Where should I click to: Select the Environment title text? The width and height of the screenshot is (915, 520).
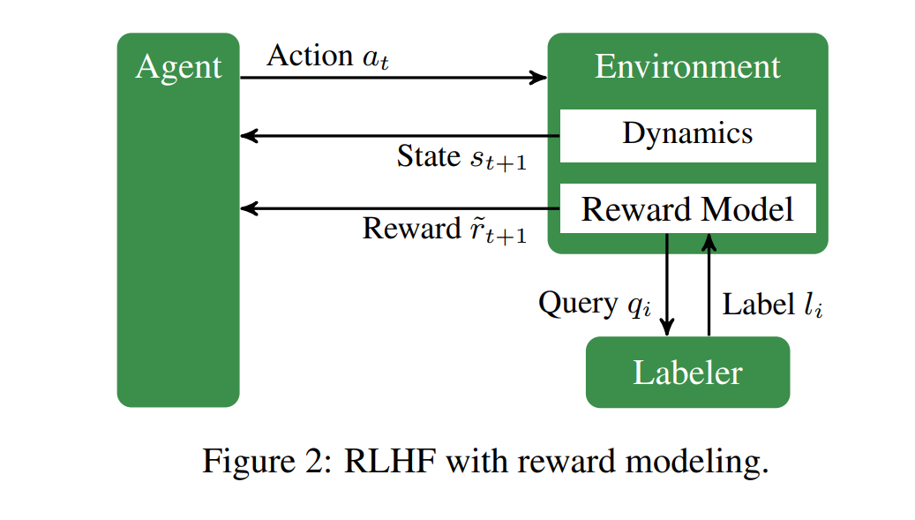pos(687,66)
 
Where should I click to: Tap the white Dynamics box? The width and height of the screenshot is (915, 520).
pos(688,135)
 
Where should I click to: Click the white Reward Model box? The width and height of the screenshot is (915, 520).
pos(688,208)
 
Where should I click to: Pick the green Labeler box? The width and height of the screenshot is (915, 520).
pos(688,372)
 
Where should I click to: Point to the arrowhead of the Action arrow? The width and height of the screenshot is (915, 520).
pos(538,77)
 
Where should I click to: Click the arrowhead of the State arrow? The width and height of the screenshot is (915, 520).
pos(249,136)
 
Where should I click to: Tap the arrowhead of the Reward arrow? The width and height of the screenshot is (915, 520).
pos(249,208)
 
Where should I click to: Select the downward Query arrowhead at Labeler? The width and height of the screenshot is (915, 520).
pos(667,327)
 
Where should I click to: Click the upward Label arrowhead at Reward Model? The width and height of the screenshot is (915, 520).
pos(709,243)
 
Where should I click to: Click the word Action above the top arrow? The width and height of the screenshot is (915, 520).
pos(310,56)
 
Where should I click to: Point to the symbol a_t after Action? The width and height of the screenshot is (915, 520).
pos(376,59)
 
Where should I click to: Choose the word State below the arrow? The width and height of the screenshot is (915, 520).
pos(429,156)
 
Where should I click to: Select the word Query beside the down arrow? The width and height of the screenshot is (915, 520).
pos(578,304)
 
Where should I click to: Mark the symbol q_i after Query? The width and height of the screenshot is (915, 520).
pos(640,305)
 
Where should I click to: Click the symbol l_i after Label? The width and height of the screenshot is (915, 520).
pos(814,305)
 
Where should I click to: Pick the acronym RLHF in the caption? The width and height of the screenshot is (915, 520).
pos(390,461)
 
